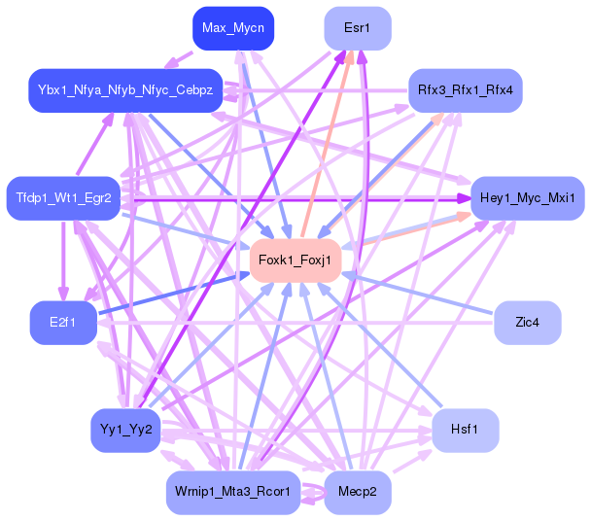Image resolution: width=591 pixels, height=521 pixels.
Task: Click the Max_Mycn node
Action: pyautogui.click(x=232, y=28)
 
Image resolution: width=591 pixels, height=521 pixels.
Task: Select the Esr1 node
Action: pyautogui.click(x=357, y=28)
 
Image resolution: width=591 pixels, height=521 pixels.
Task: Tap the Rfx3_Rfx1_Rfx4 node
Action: pyautogui.click(x=466, y=89)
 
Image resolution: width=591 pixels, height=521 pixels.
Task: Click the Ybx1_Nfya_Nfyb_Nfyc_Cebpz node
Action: pyautogui.click(x=124, y=89)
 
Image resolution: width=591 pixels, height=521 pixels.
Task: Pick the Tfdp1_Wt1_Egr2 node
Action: pyautogui.click(x=63, y=198)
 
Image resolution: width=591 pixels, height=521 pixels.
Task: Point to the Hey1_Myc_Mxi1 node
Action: pyautogui.click(x=527, y=198)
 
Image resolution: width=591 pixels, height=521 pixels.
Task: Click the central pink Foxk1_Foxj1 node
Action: pyautogui.click(x=295, y=260)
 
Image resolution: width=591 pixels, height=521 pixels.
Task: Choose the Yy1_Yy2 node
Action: pyautogui.click(x=124, y=430)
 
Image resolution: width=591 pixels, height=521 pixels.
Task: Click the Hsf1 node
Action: pyautogui.click(x=466, y=430)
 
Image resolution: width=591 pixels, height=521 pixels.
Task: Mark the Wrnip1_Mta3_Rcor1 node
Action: pyautogui.click(x=232, y=491)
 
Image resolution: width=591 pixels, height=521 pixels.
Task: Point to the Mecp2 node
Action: pyautogui.click(x=357, y=491)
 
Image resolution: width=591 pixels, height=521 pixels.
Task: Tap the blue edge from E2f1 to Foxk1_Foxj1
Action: pyautogui.click(x=175, y=292)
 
